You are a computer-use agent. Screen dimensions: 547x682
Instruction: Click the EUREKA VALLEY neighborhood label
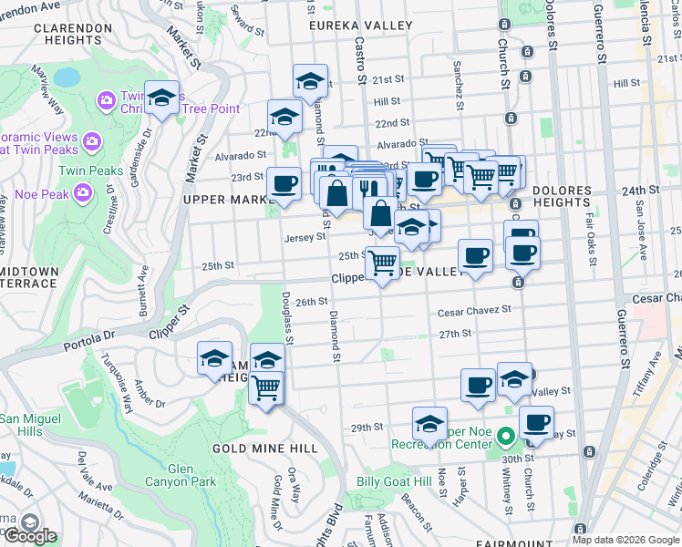coord(360,26)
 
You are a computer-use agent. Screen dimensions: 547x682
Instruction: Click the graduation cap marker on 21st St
coord(310,82)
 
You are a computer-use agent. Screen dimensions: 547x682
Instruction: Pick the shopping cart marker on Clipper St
coord(382,263)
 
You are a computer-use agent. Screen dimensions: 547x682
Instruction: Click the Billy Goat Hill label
coord(393,481)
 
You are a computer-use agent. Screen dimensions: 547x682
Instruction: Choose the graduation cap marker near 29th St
coord(429,424)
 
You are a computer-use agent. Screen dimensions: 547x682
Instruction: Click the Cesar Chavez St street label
coord(474,311)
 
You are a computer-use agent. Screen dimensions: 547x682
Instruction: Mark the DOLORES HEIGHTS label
coord(574,191)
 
